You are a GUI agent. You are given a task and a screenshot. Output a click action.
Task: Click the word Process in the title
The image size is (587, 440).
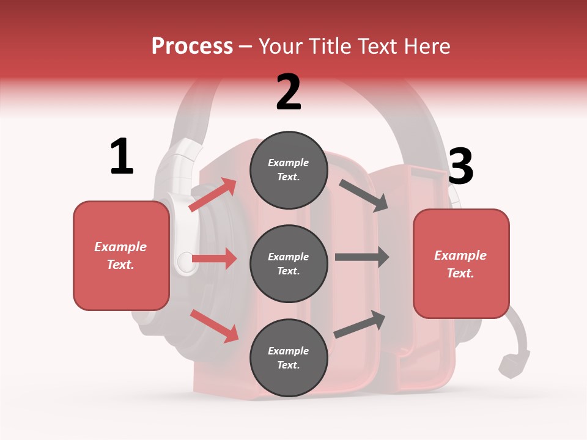coord(192,46)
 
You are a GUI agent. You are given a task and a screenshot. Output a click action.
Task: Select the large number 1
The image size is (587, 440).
coord(122,157)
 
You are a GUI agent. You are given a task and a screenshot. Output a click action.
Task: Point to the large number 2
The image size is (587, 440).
coord(289,92)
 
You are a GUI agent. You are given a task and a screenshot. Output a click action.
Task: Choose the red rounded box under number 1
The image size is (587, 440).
coord(121,255)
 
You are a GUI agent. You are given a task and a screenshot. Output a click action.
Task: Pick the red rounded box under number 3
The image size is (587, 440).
coord(461,264)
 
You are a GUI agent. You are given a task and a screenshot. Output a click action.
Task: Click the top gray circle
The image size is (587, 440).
coord(289,170)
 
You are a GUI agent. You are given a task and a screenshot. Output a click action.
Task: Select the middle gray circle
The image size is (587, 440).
coord(289,263)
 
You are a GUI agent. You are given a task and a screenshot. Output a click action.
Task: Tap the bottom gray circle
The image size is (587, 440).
coord(289,358)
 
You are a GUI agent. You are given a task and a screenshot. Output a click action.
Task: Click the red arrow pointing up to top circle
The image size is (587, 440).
coord(213,195)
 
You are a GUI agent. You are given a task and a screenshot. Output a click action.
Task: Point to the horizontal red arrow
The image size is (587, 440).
coord(214,259)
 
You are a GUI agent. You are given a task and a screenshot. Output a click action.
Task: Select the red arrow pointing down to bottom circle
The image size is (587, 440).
coord(214,326)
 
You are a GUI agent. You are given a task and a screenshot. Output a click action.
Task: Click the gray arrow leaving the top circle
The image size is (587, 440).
coord(364,195)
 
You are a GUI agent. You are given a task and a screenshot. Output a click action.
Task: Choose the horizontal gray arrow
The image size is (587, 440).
coord(362,257)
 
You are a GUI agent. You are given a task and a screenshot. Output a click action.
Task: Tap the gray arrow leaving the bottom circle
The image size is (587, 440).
coord(360,324)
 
